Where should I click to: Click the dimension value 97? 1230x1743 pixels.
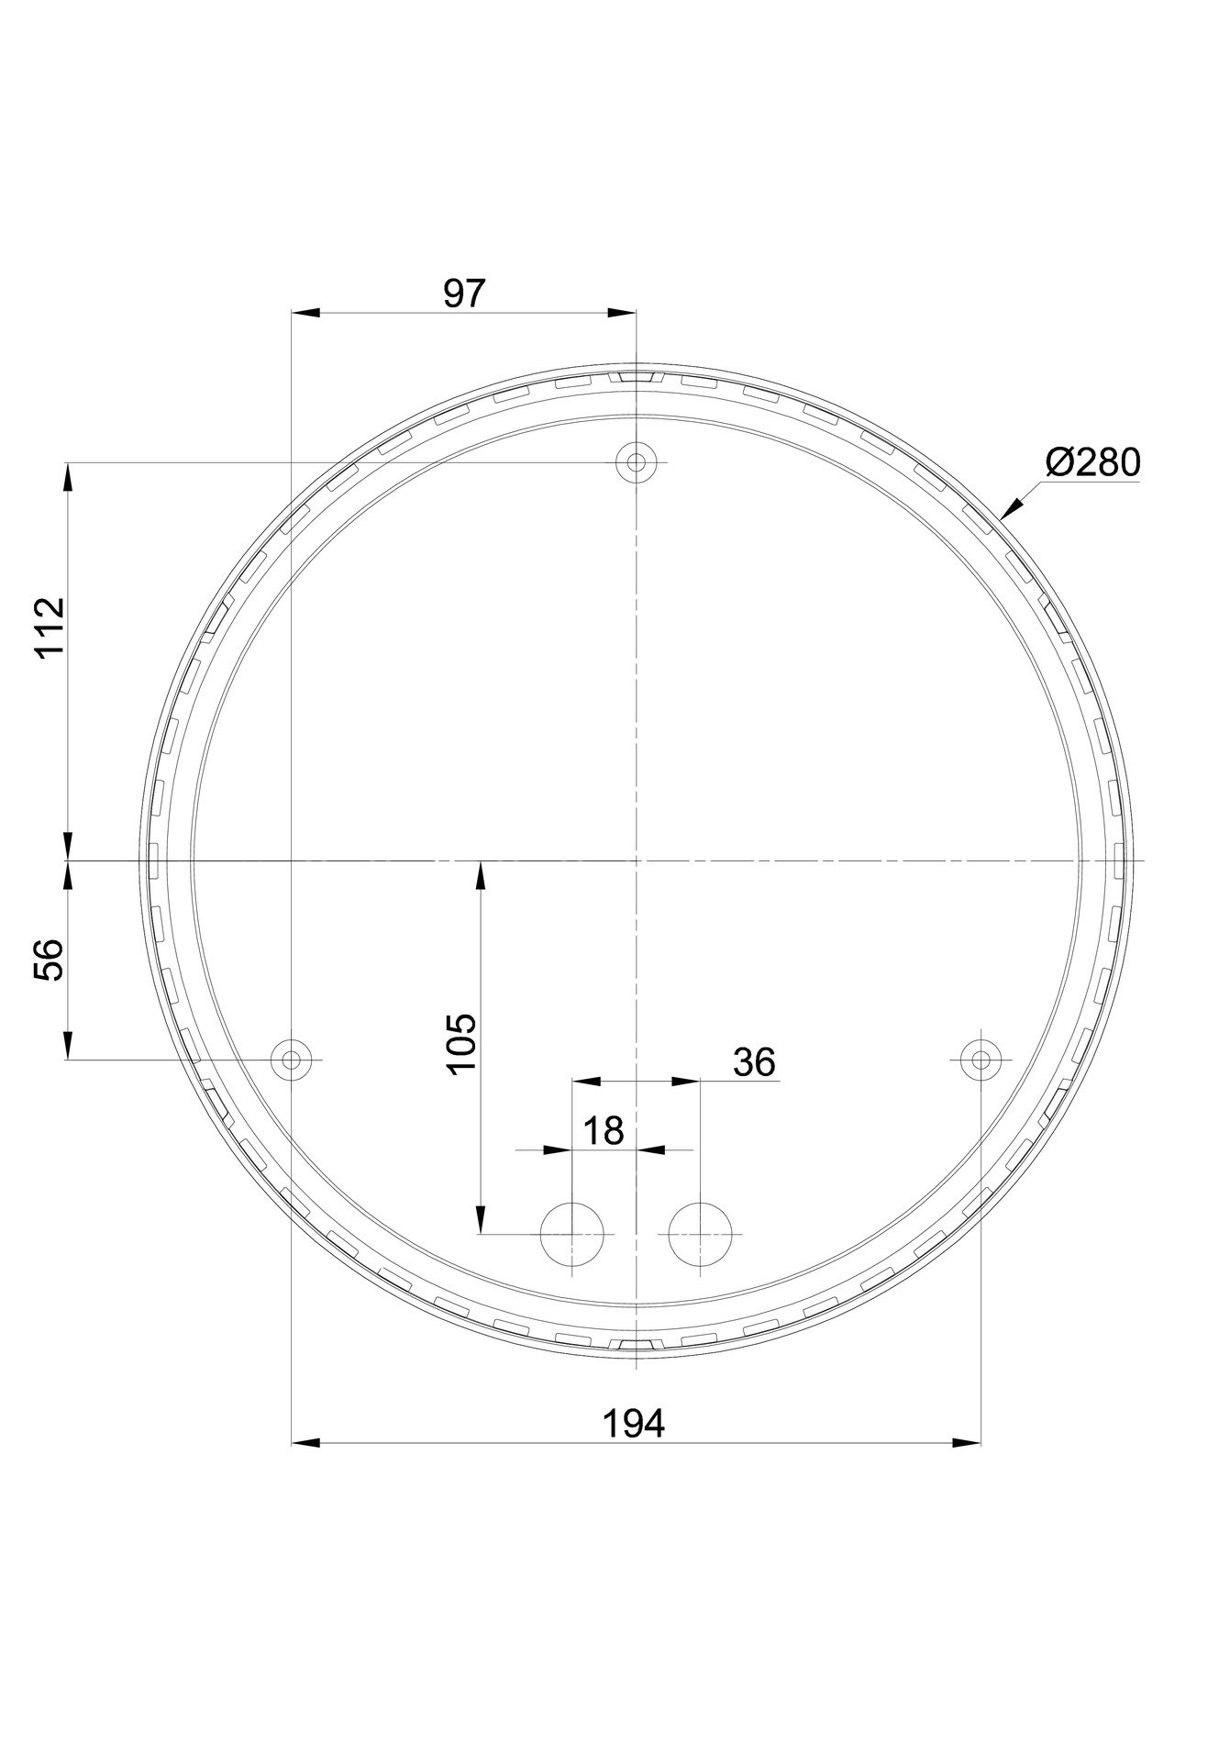pos(462,294)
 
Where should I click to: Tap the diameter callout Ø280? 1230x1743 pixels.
pos(1092,463)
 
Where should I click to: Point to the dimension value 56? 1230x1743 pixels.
pos(50,960)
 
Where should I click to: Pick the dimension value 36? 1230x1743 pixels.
pos(754,1061)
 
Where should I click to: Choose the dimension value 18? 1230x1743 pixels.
pos(603,1130)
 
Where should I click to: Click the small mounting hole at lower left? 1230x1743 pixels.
pos(291,1060)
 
